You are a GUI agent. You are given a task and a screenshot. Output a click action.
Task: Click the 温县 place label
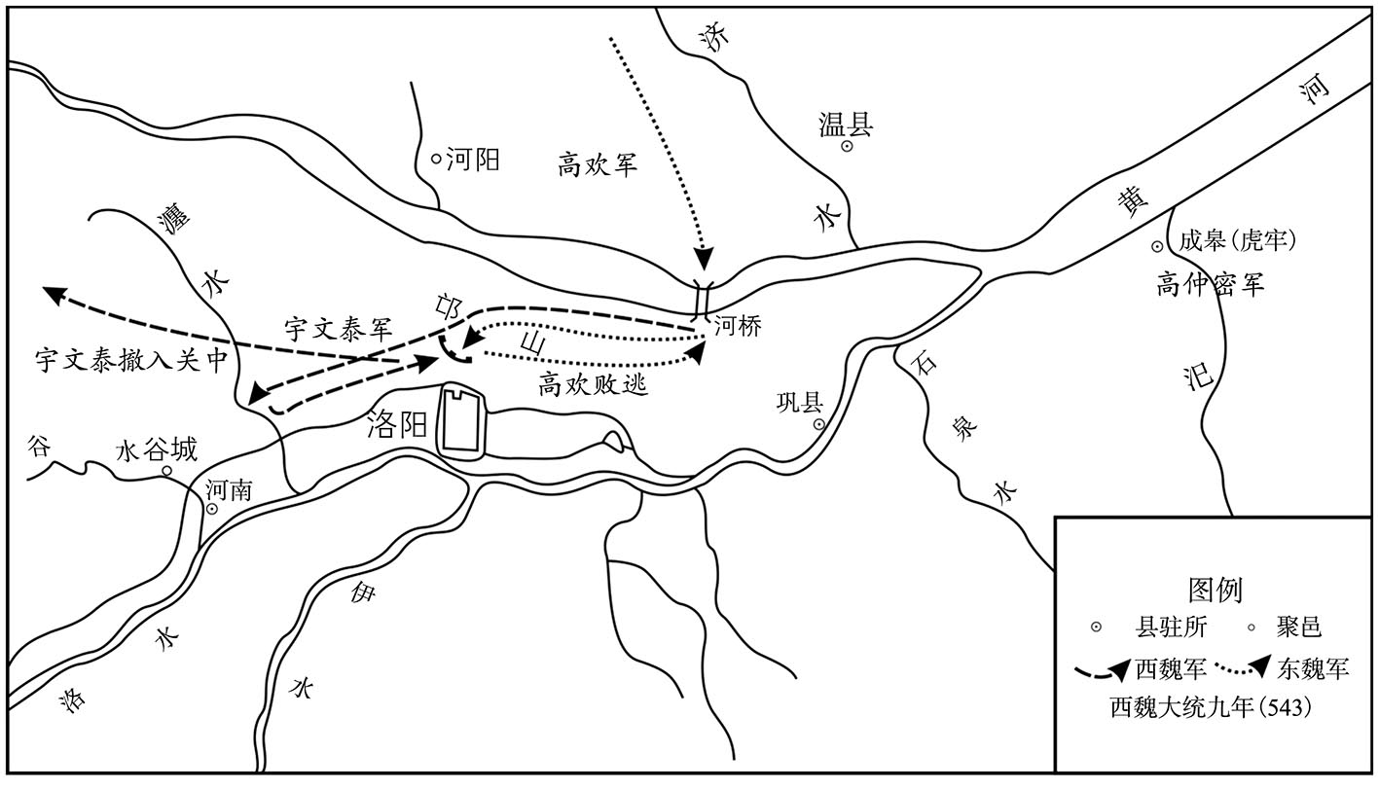(x=846, y=125)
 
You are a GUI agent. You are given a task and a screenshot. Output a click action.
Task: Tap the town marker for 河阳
(x=436, y=159)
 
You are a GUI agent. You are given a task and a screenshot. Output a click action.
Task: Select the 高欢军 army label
(x=598, y=165)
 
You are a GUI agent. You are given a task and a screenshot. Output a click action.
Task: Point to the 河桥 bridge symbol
(x=703, y=302)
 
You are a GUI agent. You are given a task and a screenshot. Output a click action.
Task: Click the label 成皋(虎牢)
(x=1238, y=240)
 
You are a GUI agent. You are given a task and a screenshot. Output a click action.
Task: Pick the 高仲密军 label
(x=1210, y=284)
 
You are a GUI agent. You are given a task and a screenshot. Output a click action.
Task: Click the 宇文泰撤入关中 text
(x=131, y=359)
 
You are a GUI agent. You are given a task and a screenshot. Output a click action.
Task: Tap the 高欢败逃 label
(x=593, y=385)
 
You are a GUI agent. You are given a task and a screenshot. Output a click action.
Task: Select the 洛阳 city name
(x=397, y=424)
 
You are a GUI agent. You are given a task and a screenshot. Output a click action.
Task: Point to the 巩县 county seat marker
(x=818, y=424)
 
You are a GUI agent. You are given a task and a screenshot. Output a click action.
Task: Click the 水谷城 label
(x=157, y=449)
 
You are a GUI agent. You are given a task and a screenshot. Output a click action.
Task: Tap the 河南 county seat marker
(x=211, y=509)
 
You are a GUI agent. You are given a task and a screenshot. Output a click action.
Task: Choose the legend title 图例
(x=1215, y=590)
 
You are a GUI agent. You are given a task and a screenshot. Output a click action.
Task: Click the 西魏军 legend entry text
(x=1171, y=668)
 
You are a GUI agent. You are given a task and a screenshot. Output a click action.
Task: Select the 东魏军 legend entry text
(x=1313, y=668)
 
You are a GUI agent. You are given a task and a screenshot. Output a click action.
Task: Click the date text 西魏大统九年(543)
(x=1211, y=707)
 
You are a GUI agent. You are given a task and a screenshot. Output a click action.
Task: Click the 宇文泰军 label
(x=338, y=330)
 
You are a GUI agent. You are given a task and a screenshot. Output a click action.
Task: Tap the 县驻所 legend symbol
(x=1095, y=628)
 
